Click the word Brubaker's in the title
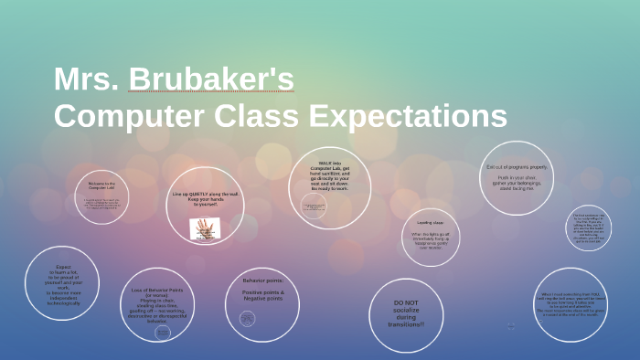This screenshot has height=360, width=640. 211,79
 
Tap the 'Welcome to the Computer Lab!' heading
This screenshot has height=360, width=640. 101,185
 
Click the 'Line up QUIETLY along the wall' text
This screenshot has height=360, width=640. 206,195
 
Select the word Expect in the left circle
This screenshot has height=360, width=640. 62,267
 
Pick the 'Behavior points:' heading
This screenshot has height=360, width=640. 262,280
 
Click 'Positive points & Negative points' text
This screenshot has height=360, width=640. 262,294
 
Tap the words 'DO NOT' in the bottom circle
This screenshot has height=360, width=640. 406,302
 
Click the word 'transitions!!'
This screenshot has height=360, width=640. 406,324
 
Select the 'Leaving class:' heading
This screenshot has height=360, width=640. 430,222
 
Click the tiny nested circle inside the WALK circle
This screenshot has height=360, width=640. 314,208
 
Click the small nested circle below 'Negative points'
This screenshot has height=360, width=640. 247,318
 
